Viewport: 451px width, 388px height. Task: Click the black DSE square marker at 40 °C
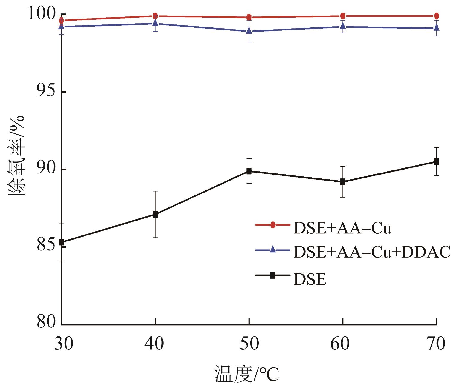tap(155, 214)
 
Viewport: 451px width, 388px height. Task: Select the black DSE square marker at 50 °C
tap(249, 171)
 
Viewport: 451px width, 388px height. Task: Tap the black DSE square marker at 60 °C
tap(343, 182)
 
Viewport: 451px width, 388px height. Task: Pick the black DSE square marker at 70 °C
tap(436, 162)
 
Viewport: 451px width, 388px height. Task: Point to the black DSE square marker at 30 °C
tap(61, 242)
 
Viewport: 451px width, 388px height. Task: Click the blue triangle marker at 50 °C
tap(249, 31)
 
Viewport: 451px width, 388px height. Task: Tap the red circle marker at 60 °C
tap(343, 16)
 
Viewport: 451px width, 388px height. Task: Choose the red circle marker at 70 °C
tap(436, 16)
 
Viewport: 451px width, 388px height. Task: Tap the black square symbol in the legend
tap(273, 275)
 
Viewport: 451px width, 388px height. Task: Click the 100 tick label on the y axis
tap(42, 14)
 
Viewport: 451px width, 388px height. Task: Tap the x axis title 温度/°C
tap(247, 374)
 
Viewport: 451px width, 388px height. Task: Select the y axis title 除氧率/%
tap(17, 155)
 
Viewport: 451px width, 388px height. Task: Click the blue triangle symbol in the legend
tap(273, 250)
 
